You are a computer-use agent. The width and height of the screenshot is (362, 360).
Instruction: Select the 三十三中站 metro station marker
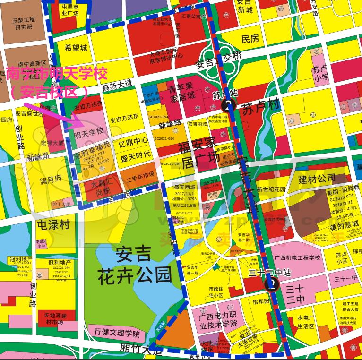pos(271,283)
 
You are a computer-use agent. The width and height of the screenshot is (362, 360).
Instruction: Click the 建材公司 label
pos(317,179)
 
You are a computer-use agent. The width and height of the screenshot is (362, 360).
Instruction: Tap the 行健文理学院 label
pos(117,334)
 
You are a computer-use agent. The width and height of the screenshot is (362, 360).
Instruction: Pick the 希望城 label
pos(76,48)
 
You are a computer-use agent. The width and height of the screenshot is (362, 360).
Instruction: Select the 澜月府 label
pos(51,179)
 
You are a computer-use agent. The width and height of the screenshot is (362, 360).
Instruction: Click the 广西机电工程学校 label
pos(297,258)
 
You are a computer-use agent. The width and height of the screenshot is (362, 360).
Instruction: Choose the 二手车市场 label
pos(140,175)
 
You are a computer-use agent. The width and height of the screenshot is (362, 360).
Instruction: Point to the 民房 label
pos(250,39)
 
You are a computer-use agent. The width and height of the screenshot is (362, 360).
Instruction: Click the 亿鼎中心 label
pos(133,141)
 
